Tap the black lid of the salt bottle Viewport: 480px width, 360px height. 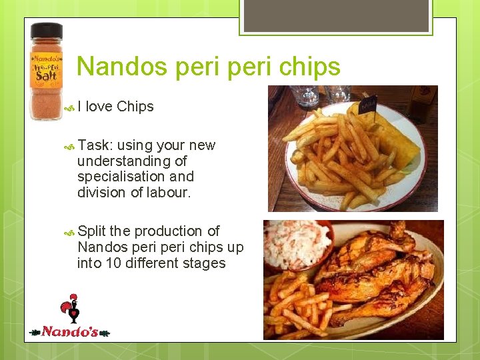(x=46, y=31)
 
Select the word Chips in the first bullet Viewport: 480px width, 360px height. (x=135, y=107)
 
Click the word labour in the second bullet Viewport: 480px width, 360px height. (x=171, y=193)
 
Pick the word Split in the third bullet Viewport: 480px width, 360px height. (x=91, y=231)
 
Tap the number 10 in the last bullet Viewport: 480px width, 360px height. (x=111, y=263)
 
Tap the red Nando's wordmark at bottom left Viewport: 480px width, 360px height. (x=70, y=331)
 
